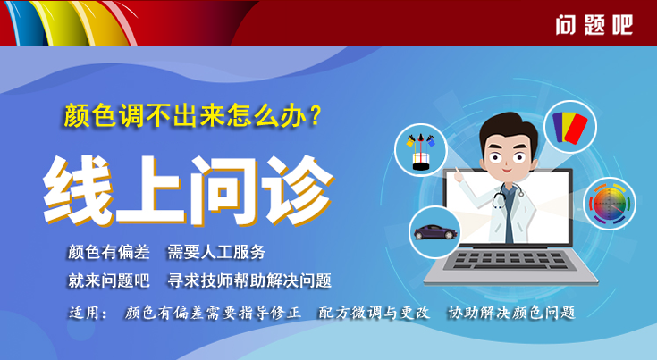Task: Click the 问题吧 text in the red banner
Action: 594,25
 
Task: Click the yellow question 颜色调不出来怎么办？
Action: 192,115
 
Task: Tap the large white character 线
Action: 78,191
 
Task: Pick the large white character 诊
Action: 298,191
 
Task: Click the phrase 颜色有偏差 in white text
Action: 108,252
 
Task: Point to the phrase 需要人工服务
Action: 216,252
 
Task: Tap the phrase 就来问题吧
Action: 108,280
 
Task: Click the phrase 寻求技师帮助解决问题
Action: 249,280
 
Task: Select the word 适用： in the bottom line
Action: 88,313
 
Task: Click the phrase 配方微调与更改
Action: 375,313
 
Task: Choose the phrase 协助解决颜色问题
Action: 511,313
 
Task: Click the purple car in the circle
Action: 434,231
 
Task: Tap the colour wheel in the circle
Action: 610,203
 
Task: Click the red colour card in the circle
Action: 577,129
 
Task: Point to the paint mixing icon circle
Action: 421,150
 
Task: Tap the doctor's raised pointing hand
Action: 459,175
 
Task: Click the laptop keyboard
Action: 510,260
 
